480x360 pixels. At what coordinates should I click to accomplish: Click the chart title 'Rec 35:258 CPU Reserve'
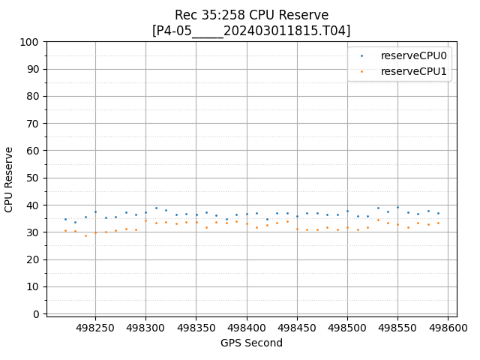pos(251,15)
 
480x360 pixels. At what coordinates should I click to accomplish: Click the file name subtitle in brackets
pos(251,31)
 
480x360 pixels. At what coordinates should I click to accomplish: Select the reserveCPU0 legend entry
pos(413,55)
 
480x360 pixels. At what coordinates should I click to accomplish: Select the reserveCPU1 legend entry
pos(413,71)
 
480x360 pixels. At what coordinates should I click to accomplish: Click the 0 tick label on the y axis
pos(36,314)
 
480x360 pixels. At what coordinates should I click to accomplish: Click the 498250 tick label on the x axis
pos(95,328)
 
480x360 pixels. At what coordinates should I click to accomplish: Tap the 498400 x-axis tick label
pos(247,328)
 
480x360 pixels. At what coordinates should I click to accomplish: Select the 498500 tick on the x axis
pos(347,328)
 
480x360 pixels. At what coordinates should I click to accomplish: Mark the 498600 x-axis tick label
pos(448,328)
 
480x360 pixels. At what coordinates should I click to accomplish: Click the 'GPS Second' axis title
pos(251,343)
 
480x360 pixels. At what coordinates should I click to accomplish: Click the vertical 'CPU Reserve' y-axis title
pos(10,178)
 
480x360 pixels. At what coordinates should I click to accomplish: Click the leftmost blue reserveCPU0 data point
pos(65,220)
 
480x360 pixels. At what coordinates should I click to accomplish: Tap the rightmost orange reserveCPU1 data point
pos(438,223)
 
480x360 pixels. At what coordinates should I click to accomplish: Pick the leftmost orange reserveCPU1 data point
pos(65,231)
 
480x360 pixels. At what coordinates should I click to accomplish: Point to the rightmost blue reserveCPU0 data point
pos(438,213)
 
